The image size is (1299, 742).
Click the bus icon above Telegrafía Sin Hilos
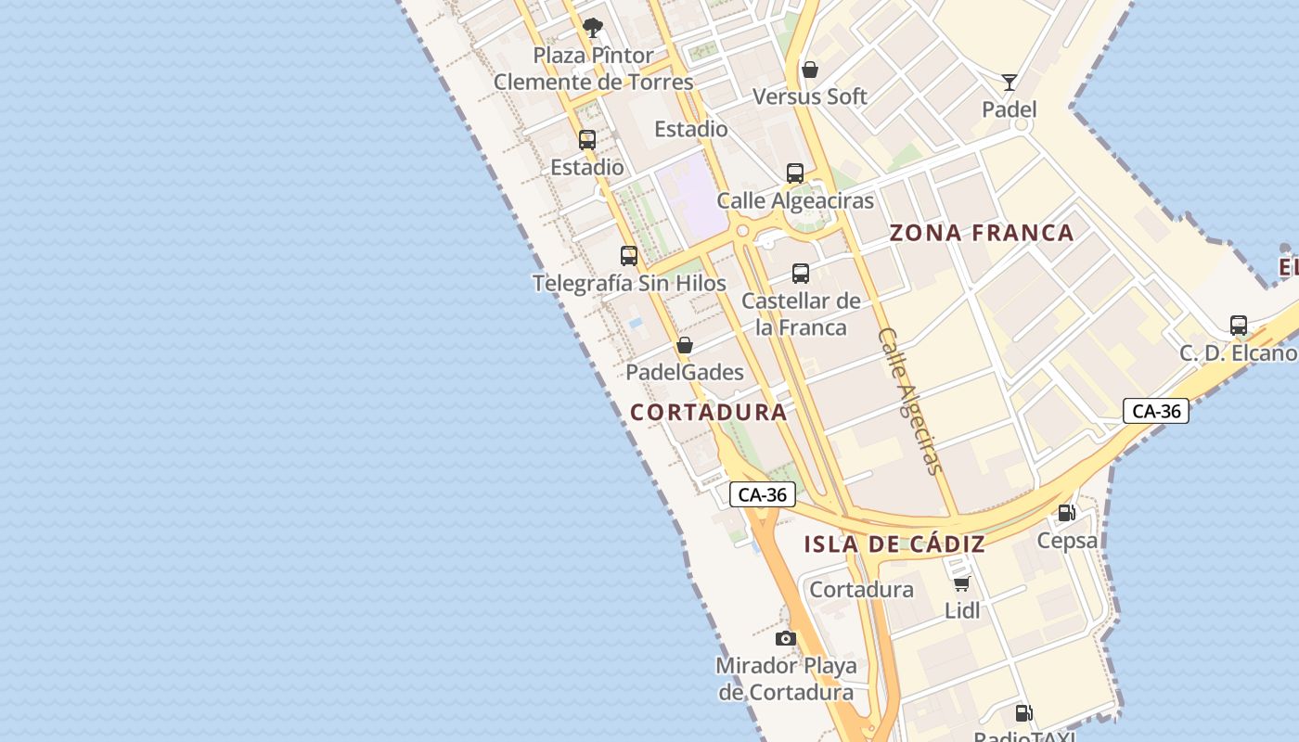point(629,255)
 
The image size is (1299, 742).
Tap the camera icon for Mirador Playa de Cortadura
point(786,638)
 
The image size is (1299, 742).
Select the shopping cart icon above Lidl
point(962,583)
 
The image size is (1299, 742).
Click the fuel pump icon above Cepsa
point(1067,513)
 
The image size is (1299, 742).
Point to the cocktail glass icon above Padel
point(1010,82)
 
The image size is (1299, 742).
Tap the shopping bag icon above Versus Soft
point(810,70)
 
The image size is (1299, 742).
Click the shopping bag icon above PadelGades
point(685,345)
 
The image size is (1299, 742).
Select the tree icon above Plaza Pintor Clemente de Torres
point(593,28)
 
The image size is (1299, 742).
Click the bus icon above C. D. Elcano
point(1239,326)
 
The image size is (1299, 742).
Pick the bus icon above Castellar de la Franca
point(801,274)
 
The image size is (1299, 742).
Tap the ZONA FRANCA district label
point(982,233)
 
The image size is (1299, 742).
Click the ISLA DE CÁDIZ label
point(894,544)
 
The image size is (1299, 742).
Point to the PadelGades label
point(685,373)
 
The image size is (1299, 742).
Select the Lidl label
point(962,610)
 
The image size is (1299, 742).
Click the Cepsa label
point(1067,540)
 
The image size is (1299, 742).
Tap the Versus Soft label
point(810,96)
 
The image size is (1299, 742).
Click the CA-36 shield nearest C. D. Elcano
point(1156,411)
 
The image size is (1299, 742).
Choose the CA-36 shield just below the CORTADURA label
point(762,494)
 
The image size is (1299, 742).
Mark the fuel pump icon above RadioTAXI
point(1023,713)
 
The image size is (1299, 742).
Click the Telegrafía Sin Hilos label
point(629,283)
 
